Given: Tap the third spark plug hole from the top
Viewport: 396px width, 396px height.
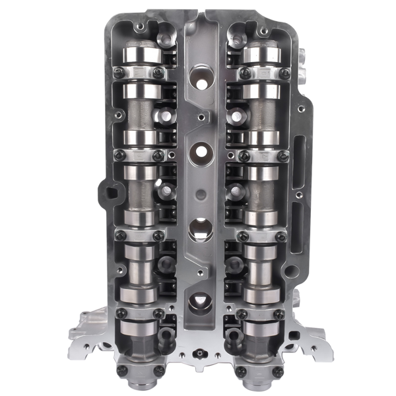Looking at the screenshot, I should [x=199, y=229].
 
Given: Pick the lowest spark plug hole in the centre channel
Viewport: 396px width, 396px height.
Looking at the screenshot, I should [x=199, y=302].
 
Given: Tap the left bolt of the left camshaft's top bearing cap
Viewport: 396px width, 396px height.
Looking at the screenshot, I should [x=119, y=73].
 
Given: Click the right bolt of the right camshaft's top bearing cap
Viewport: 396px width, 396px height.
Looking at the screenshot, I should [x=284, y=73].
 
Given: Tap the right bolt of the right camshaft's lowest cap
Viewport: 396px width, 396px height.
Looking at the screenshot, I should [x=279, y=372].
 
